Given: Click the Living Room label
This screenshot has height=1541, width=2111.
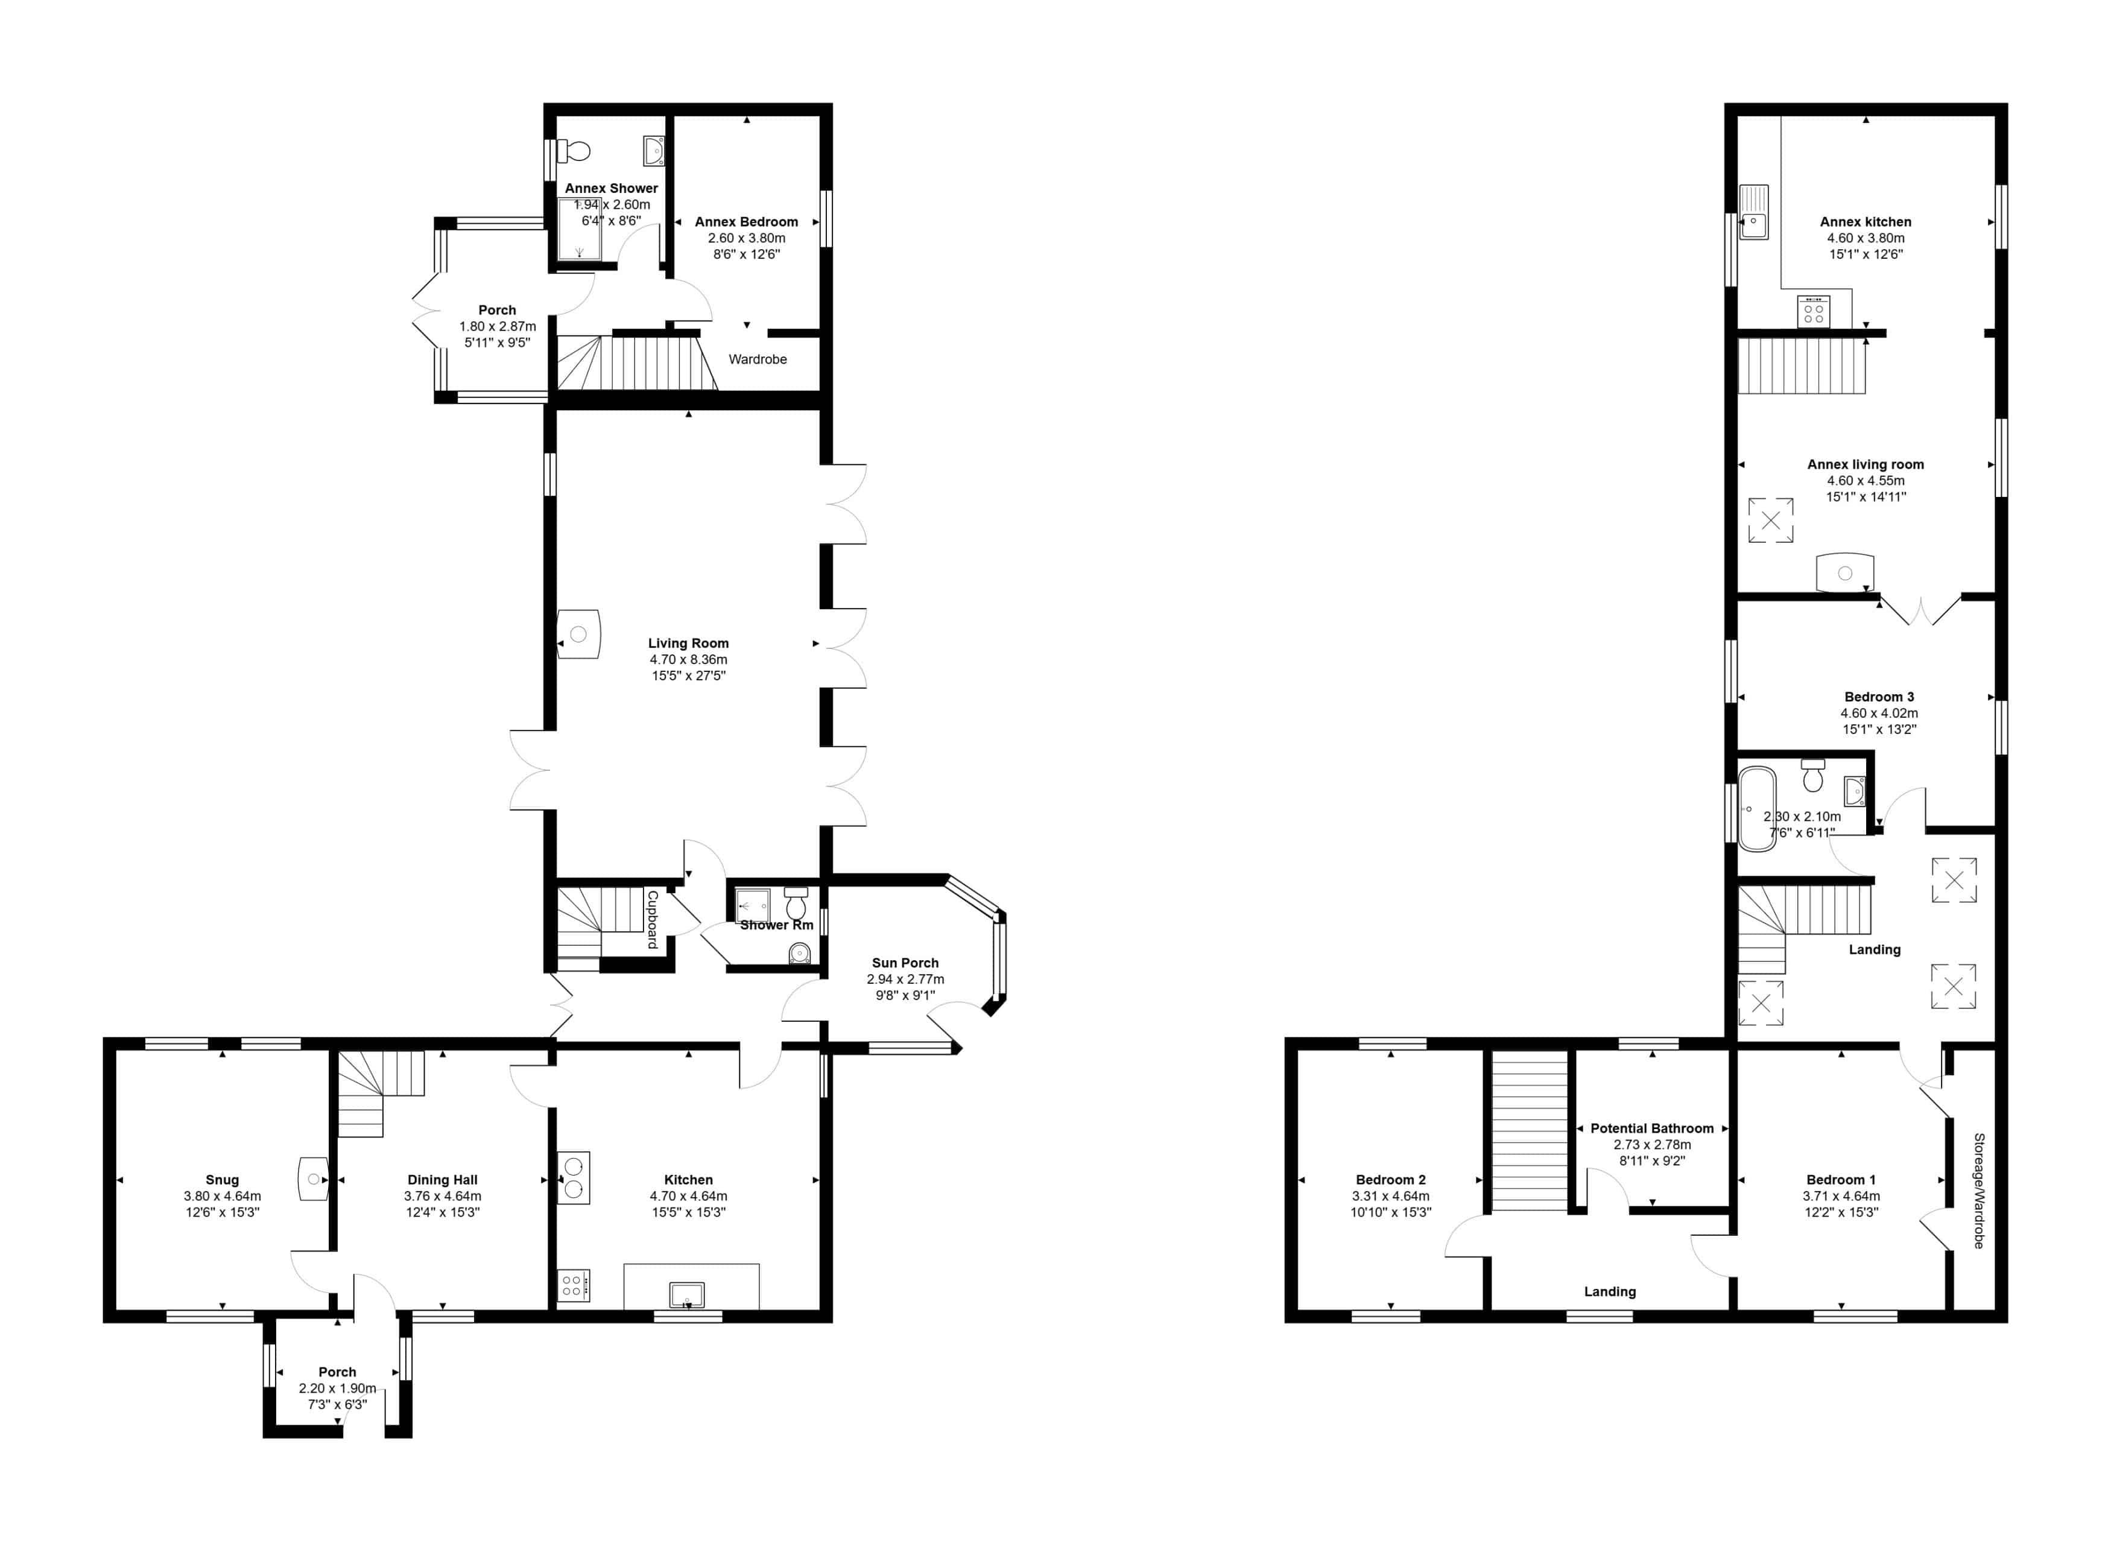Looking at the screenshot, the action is pos(688,643).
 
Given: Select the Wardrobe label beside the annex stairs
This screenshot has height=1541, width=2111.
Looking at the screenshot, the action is pos(758,359).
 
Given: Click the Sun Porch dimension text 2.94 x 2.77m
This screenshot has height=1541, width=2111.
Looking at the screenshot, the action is pos(905,978).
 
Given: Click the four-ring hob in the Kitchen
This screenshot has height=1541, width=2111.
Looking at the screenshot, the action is pos(574,1285).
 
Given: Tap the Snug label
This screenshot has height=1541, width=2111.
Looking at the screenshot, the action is pos(222,1179).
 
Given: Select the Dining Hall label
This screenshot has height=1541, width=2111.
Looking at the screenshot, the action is pos(442,1179).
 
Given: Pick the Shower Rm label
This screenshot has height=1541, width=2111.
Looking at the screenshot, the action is pos(776,925).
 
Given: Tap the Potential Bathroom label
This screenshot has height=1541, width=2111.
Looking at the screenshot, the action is pos(1652,1128).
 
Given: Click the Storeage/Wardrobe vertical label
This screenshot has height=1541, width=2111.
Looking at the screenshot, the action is pos(1978,1190).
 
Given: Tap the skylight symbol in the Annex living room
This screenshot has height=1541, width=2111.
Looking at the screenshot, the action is pos(1770,521).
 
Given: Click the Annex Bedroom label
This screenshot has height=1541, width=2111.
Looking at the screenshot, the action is pos(746,221).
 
